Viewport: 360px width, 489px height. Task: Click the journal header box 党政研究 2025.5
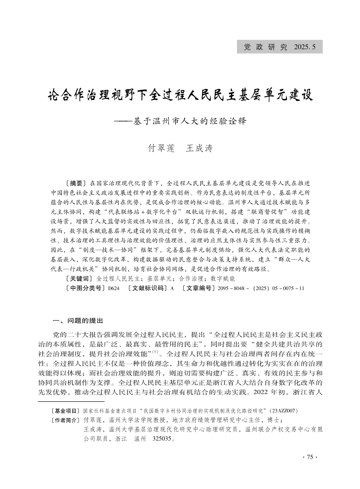(282, 46)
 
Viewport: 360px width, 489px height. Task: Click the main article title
(180, 96)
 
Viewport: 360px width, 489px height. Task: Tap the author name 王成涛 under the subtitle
(200, 148)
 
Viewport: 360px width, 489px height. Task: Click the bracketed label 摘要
(76, 183)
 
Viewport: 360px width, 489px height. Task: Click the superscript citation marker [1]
(155, 351)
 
